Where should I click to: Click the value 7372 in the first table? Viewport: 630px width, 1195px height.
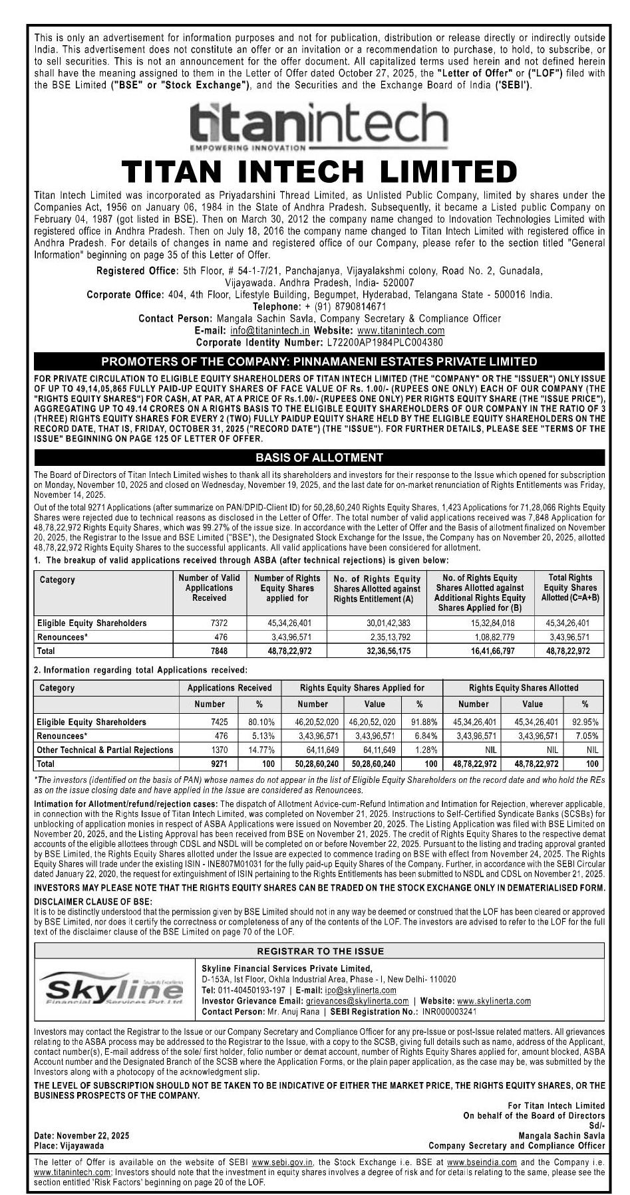pos(219,623)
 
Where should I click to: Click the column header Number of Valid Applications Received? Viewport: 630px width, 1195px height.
pos(209,588)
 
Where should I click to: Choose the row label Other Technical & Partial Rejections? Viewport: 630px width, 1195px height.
pos(105,750)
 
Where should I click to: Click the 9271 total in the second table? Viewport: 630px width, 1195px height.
pos(219,764)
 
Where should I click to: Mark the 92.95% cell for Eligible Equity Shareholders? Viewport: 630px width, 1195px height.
pos(585,722)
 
